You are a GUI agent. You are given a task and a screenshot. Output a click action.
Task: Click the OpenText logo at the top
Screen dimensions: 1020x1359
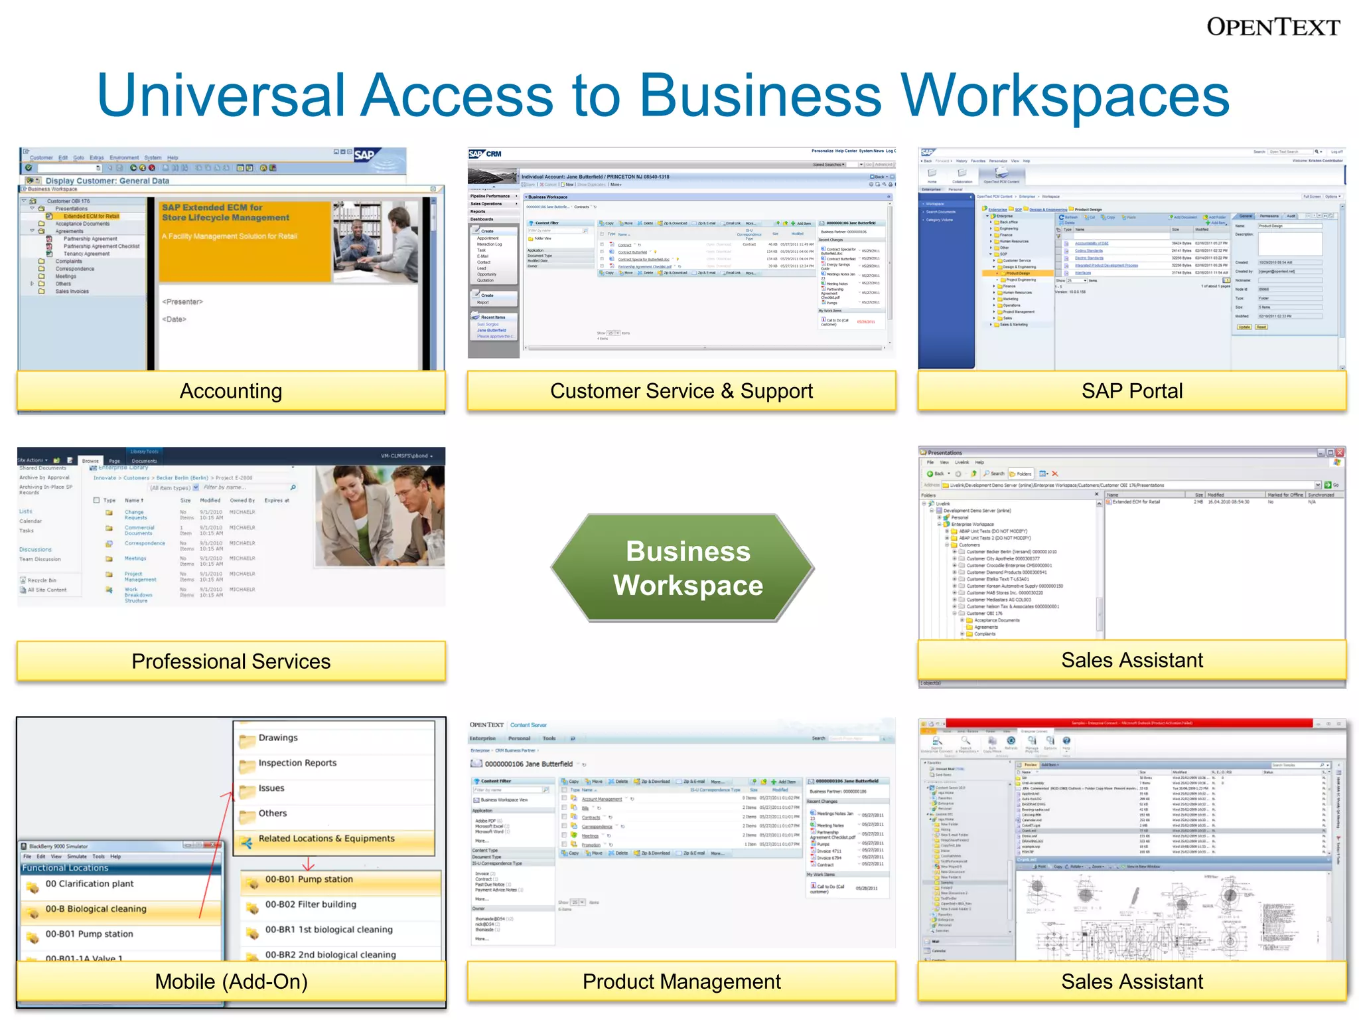point(1273,27)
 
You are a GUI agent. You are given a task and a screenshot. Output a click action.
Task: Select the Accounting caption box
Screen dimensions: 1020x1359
point(231,391)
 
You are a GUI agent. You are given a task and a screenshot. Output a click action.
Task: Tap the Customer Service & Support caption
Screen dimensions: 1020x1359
point(681,391)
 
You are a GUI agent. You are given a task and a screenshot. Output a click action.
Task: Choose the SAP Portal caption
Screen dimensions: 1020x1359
point(1131,391)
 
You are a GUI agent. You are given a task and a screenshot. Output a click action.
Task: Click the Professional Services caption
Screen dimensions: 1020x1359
point(231,661)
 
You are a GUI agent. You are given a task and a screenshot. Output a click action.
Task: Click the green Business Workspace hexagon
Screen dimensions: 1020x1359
point(687,568)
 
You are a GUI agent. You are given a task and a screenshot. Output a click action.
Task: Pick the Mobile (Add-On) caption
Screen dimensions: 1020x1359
point(231,981)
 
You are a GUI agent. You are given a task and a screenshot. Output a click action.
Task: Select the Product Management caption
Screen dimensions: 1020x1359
point(681,981)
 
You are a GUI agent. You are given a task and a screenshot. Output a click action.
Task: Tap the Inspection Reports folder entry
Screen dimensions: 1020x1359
point(297,763)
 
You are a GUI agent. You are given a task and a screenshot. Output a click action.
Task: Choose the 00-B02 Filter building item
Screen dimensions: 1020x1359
point(310,904)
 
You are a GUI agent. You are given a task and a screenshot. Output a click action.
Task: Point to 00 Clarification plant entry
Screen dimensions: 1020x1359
point(89,884)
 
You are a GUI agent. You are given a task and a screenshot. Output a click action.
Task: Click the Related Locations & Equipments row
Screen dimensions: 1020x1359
point(326,839)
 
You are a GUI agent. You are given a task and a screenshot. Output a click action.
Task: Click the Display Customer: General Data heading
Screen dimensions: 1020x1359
point(107,181)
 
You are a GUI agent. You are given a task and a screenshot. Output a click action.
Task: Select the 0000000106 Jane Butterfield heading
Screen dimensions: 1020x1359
point(528,764)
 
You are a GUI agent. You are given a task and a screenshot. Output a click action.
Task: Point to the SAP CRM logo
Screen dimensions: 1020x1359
point(485,154)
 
